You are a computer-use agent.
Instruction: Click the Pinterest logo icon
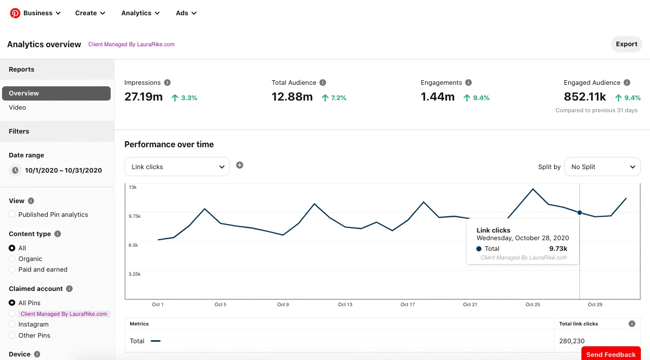(x=15, y=13)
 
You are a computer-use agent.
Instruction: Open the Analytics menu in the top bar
(x=140, y=13)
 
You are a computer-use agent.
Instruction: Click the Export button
(x=626, y=44)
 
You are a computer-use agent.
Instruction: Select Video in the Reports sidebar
(x=17, y=108)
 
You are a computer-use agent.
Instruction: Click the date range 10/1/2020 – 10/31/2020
(x=63, y=171)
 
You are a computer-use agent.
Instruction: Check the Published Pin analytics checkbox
(x=12, y=214)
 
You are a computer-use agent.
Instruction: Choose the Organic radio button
(x=12, y=259)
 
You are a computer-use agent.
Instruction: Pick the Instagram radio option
(x=12, y=324)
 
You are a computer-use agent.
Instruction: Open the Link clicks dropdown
(x=177, y=167)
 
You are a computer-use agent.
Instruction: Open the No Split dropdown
(x=602, y=167)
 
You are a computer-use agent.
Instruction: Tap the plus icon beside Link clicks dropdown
(x=240, y=165)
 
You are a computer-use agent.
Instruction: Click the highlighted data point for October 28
(x=579, y=213)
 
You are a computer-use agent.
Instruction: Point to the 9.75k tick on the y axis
(x=135, y=216)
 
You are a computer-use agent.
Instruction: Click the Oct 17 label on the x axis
(x=408, y=305)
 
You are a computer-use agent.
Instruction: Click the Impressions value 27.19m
(x=144, y=97)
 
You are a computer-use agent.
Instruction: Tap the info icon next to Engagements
(x=468, y=83)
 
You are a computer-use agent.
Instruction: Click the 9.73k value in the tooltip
(x=558, y=249)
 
